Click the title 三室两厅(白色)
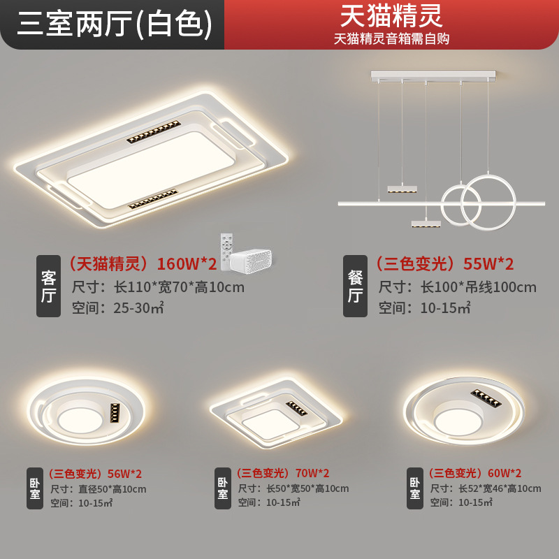tap(114, 24)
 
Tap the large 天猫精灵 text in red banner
tap(391, 15)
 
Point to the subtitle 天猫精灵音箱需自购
tap(391, 38)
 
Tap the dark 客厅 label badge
tap(48, 286)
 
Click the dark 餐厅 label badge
tap(355, 286)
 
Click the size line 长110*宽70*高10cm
tap(158, 287)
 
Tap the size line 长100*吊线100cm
tap(457, 287)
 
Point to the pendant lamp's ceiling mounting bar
tap(433, 74)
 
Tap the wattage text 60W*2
tap(503, 473)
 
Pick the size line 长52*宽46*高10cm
tap(485, 488)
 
